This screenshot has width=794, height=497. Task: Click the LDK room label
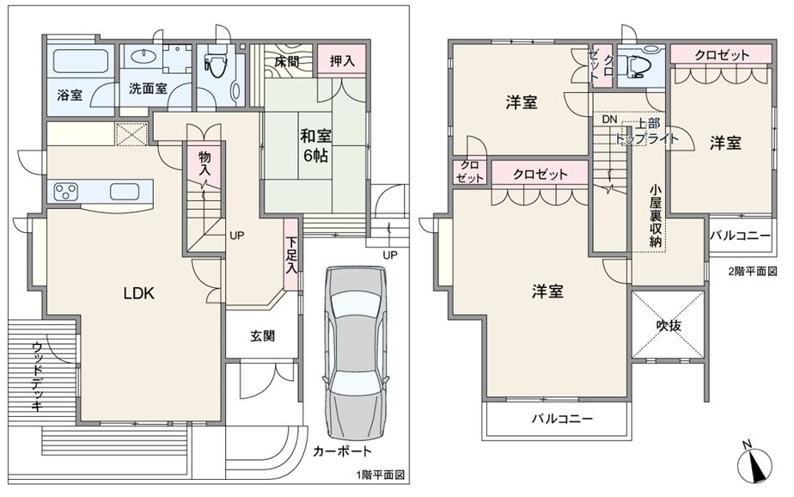point(138,293)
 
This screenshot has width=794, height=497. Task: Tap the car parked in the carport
point(356,353)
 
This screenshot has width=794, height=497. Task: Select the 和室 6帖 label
point(316,145)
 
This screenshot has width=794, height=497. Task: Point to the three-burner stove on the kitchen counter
point(66,192)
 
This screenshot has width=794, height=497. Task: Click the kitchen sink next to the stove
point(124,192)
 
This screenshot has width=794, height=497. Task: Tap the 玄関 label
point(262,336)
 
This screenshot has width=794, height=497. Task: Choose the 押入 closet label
point(342,62)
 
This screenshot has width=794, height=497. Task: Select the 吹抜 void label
point(669,326)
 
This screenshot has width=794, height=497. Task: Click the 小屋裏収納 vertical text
point(656,217)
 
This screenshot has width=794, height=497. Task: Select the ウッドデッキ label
point(37,376)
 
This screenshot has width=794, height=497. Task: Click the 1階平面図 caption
point(381,475)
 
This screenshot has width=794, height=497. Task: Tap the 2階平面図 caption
point(753,271)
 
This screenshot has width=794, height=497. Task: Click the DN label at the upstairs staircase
point(610,120)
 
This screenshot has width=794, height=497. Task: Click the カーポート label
point(342,451)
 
